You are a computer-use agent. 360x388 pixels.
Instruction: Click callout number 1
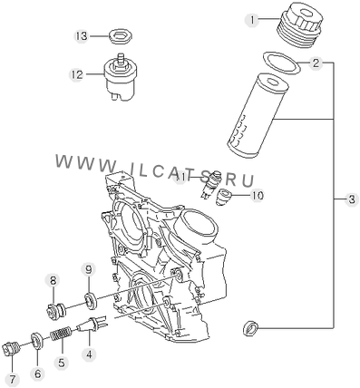252,20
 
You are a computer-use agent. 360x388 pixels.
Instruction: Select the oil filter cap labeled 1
298,25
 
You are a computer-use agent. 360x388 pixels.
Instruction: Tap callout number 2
316,63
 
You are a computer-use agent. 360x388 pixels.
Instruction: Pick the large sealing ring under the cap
282,63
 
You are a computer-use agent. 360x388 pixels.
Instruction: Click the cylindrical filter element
257,115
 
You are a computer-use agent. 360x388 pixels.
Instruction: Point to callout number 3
352,199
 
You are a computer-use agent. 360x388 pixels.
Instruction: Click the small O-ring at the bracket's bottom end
250,328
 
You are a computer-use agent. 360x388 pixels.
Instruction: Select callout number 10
258,195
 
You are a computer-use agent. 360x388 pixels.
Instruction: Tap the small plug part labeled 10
224,197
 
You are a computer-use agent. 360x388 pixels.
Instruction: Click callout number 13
82,36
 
